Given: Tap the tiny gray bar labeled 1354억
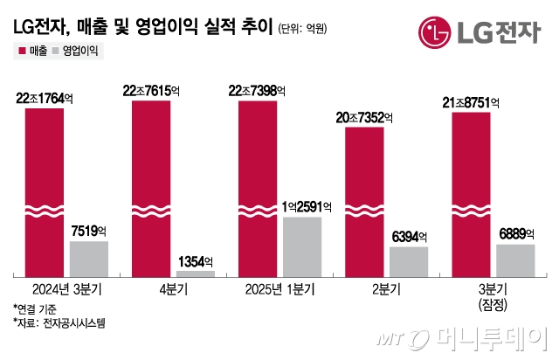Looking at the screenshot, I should coord(195,273).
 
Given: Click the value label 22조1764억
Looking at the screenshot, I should coord(45,100).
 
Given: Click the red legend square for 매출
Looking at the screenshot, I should coord(20,52).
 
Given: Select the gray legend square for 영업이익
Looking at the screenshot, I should coord(56,52).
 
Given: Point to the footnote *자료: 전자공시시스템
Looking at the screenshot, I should coord(59,322).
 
